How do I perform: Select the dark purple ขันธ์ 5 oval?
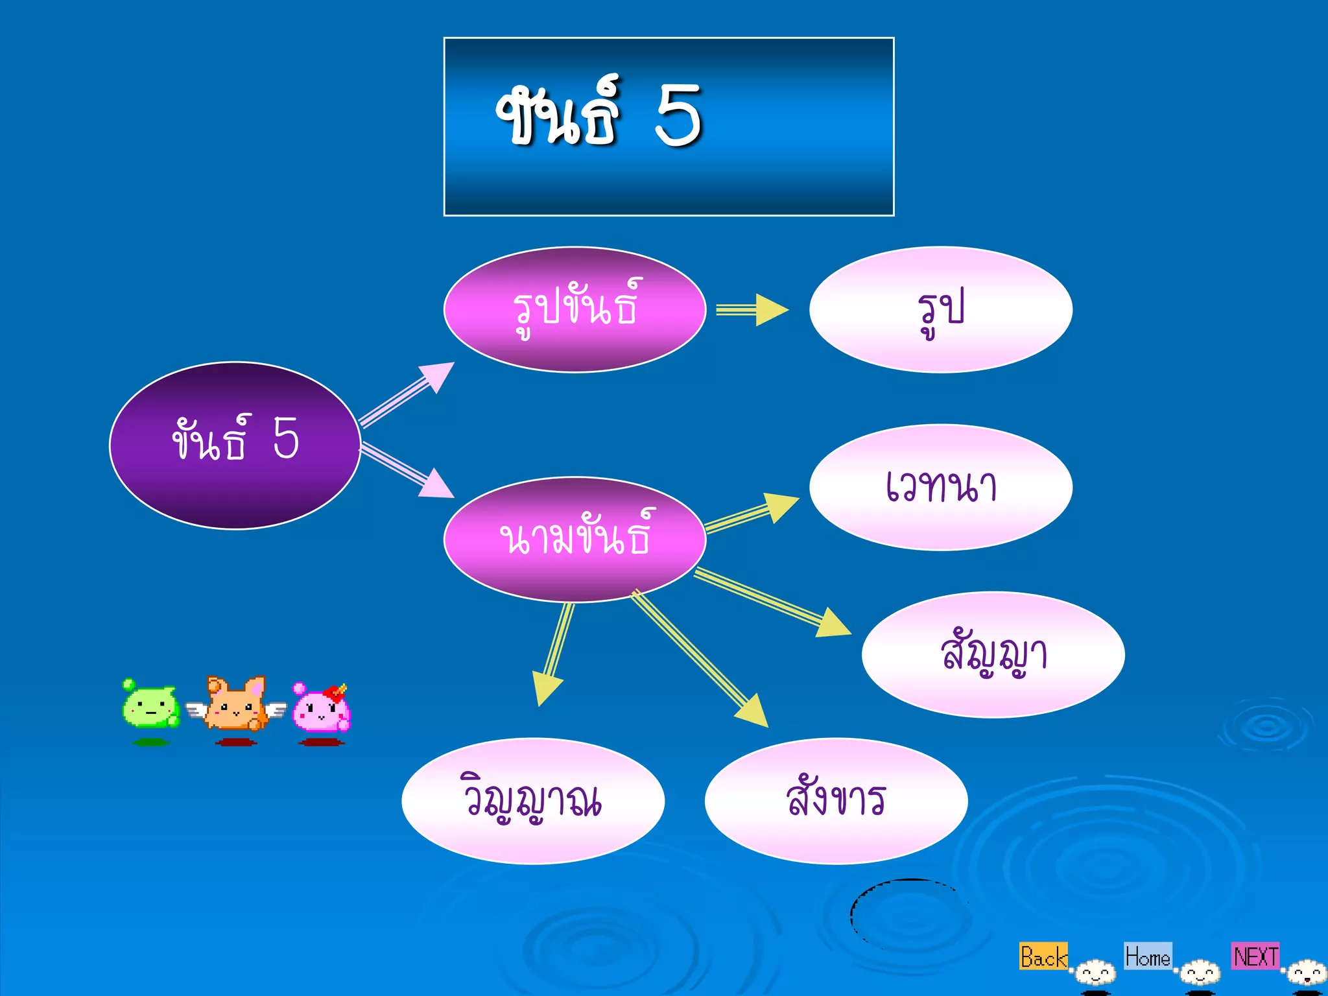pyautogui.click(x=235, y=445)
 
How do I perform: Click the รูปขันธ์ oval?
pyautogui.click(x=575, y=309)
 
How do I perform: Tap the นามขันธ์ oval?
pyautogui.click(x=575, y=539)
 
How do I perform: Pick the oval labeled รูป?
pyautogui.click(x=940, y=309)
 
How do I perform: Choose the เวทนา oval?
pyautogui.click(x=940, y=487)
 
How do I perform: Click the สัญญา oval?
pyautogui.click(x=993, y=654)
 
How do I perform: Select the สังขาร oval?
pyautogui.click(x=836, y=801)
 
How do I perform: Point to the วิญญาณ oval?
pyautogui.click(x=532, y=801)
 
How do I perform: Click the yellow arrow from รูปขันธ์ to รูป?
pyautogui.click(x=752, y=310)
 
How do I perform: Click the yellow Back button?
pyautogui.click(x=1043, y=956)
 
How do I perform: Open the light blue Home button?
pyautogui.click(x=1147, y=956)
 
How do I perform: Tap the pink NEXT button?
pyautogui.click(x=1255, y=956)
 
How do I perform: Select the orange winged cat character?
pyautogui.click(x=236, y=705)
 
